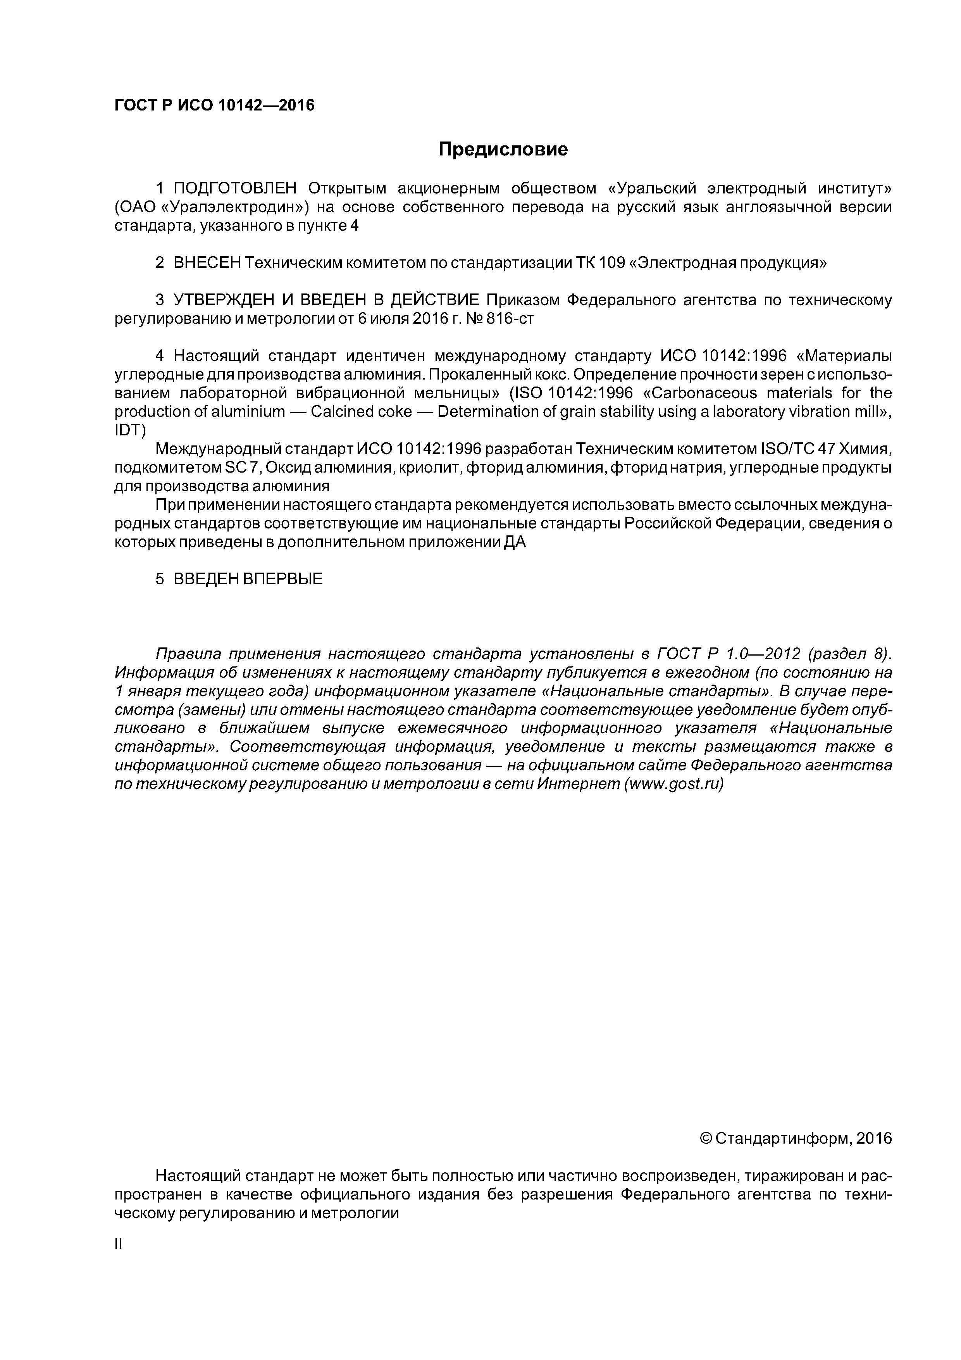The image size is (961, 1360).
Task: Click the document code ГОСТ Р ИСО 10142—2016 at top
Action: [x=214, y=105]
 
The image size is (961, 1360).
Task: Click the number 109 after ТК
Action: [x=612, y=263]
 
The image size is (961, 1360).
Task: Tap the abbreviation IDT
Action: [x=129, y=431]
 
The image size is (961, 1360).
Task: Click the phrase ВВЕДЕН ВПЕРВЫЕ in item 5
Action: [x=248, y=579]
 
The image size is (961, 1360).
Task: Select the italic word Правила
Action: [x=188, y=654]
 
